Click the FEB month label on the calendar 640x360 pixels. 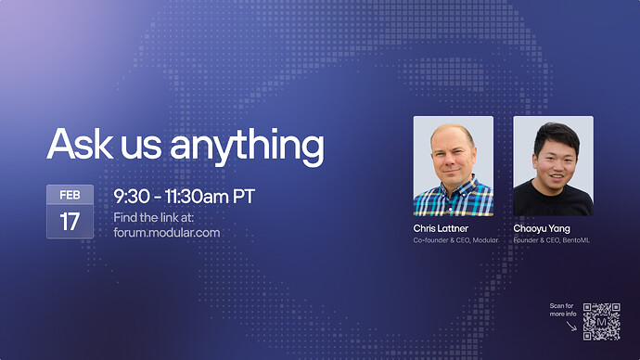pyautogui.click(x=70, y=195)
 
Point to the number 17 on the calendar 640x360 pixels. pyautogui.click(x=70, y=222)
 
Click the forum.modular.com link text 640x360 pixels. pyautogui.click(x=167, y=232)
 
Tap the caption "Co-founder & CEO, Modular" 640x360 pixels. pyautogui.click(x=455, y=241)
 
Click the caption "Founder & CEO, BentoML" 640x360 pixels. pyautogui.click(x=553, y=241)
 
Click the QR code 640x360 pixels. pyautogui.click(x=601, y=321)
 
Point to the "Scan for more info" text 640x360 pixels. pyautogui.click(x=562, y=310)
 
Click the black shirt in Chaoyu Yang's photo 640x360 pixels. pyautogui.click(x=553, y=199)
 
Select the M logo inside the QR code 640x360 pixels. pyautogui.click(x=601, y=321)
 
